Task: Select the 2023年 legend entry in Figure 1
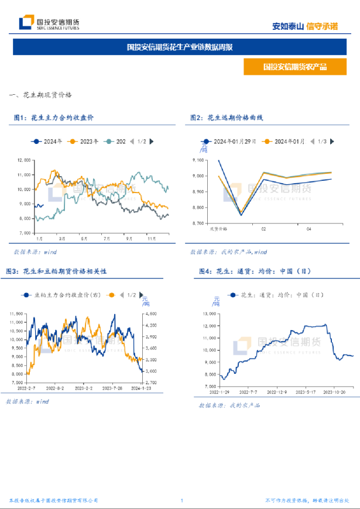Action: click(x=84, y=142)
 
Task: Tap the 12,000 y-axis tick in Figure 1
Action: click(x=23, y=160)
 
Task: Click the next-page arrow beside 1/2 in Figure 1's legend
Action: click(x=151, y=142)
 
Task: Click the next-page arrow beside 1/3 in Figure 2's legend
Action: click(x=332, y=142)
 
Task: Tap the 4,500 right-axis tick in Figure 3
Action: click(x=150, y=315)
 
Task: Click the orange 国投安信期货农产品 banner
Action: click(x=295, y=67)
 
